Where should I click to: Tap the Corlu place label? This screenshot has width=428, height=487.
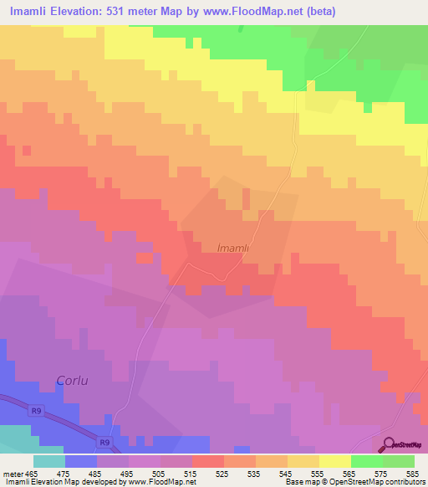pyautogui.click(x=73, y=381)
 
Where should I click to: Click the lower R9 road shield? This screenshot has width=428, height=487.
pyautogui.click(x=102, y=442)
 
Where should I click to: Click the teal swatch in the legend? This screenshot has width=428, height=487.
pyautogui.click(x=49, y=461)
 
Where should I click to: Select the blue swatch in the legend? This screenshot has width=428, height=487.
pyautogui.click(x=81, y=461)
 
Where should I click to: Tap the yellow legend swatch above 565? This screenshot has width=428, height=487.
pyautogui.click(x=335, y=461)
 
